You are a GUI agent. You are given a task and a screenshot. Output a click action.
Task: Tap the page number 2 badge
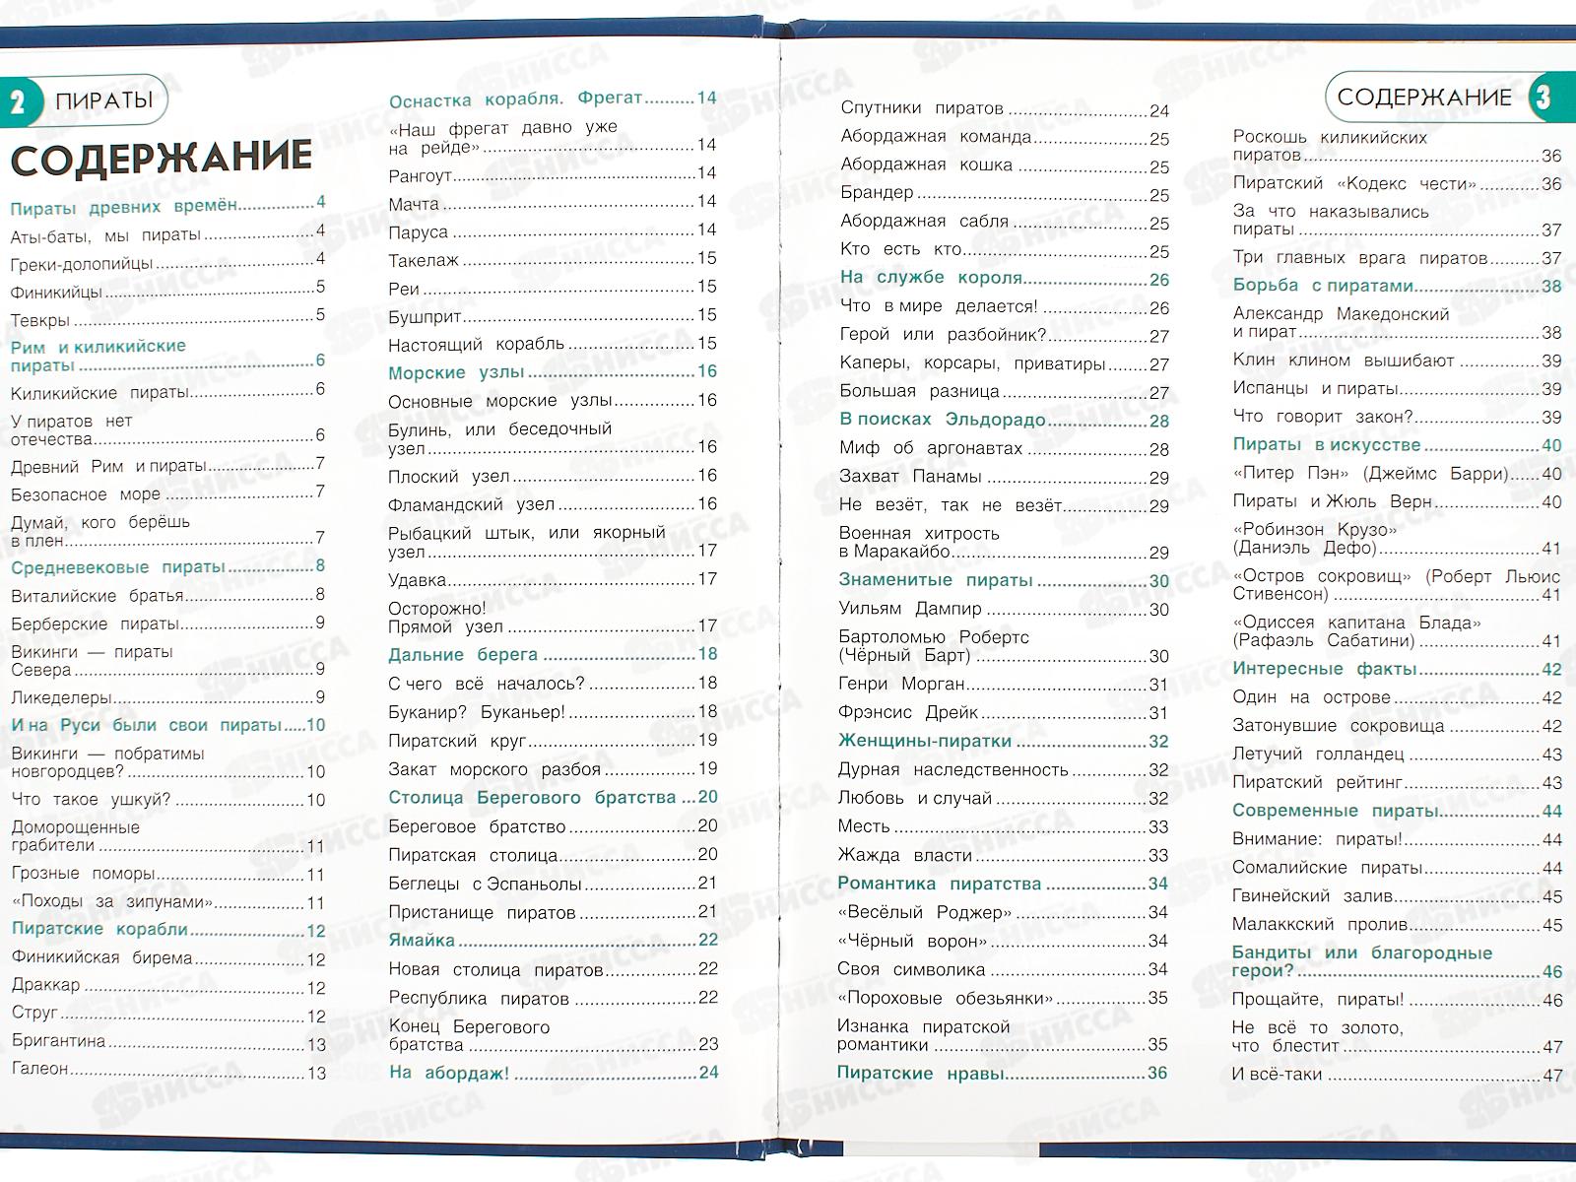coord(18,101)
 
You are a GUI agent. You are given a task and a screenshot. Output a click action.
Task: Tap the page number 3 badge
coord(1543,97)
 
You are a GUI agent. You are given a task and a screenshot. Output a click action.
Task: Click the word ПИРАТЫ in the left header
coord(104,100)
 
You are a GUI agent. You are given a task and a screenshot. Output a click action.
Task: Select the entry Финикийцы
coord(56,293)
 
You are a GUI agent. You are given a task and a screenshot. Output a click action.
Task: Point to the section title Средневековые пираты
coord(118,567)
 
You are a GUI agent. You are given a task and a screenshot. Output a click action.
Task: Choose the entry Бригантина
coord(58,1041)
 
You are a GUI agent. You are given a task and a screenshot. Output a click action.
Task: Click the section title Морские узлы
coord(456,372)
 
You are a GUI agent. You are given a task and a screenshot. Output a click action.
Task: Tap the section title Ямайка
coord(422,941)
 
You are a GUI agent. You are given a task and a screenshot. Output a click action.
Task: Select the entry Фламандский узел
coord(471,504)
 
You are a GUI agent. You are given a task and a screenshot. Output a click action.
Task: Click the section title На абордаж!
coord(449,1073)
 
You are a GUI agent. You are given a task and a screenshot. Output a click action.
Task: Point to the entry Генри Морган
coord(901,684)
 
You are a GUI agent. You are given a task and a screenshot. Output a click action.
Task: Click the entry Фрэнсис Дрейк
coord(907,712)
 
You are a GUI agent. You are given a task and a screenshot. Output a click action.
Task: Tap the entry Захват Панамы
coord(909,477)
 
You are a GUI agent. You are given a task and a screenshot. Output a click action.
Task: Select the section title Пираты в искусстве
coord(1327,444)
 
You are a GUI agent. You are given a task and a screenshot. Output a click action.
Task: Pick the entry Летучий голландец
coord(1318,755)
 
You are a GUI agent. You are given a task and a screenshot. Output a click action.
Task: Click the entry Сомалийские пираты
coord(1327,868)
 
